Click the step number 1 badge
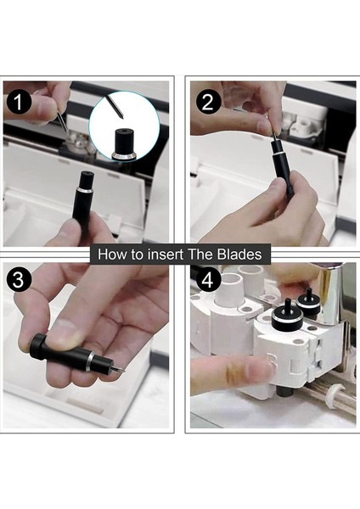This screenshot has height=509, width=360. tap(19, 103)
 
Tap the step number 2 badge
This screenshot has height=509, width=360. tap(208, 103)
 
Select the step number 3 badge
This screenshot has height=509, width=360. tap(19, 280)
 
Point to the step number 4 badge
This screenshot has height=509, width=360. tap(208, 280)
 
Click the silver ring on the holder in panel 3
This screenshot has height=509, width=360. tap(90, 361)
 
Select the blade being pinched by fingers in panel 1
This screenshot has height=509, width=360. tap(62, 120)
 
